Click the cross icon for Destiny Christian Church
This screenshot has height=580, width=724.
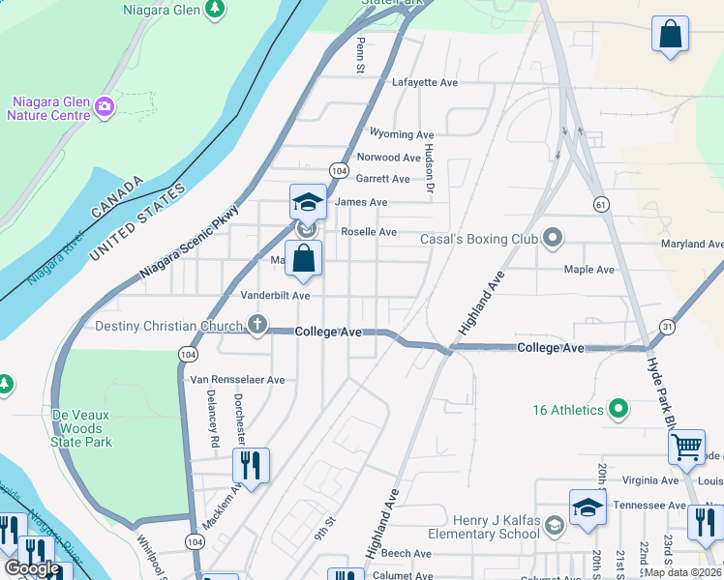pos(257,325)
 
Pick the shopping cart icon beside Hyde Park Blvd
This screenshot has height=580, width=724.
pos(686,448)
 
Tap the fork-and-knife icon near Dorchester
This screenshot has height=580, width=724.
pos(251,466)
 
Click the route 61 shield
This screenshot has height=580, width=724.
pos(601,204)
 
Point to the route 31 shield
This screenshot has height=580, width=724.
pos(667,327)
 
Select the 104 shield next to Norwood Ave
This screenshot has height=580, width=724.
pos(338,169)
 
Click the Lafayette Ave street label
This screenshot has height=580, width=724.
pos(424,83)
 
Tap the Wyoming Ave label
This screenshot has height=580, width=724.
pos(402,135)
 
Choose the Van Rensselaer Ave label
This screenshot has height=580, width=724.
pos(237,380)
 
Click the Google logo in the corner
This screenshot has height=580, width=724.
pos(32,568)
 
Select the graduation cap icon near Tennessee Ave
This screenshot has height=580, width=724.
pos(588,507)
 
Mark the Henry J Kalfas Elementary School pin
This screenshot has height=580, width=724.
pos(555,526)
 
